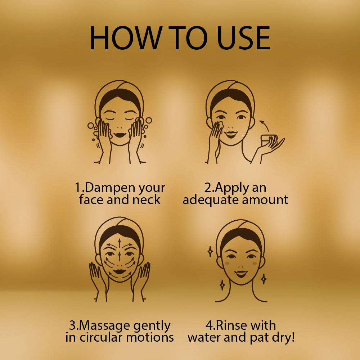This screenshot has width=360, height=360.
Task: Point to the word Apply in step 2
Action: tap(231, 188)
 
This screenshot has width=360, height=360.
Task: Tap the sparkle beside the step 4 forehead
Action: tap(210, 251)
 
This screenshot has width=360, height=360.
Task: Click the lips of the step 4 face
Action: tap(241, 274)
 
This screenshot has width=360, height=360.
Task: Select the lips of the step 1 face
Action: tap(120, 135)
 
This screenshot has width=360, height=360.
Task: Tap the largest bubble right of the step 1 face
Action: tap(149, 120)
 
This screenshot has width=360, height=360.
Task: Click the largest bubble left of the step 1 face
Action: tap(91, 126)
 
